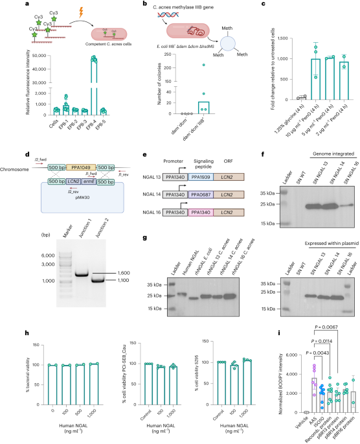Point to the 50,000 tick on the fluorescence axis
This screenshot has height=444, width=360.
coord(36,56)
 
